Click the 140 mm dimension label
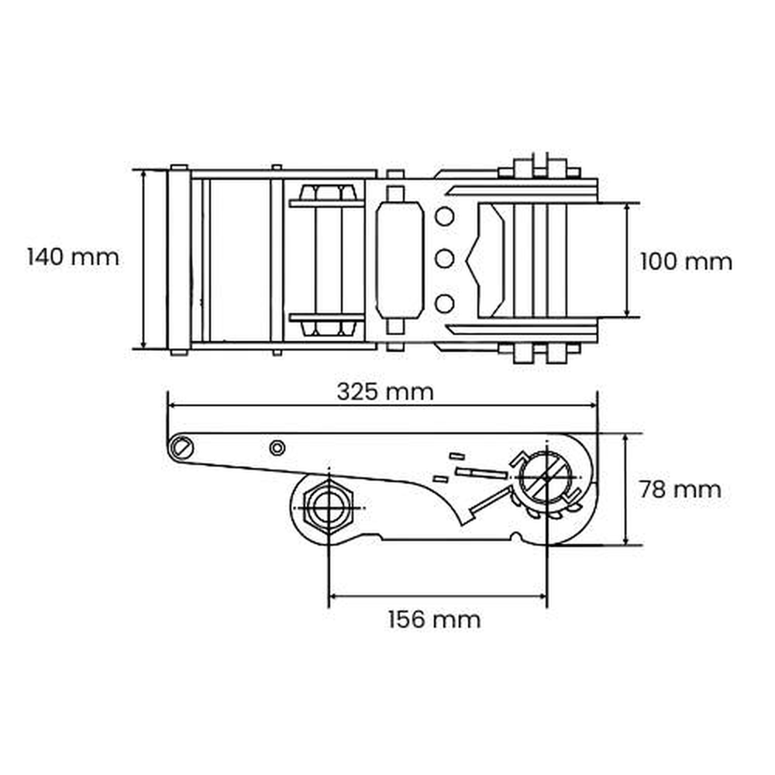(73, 257)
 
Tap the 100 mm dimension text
(686, 261)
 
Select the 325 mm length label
(385, 392)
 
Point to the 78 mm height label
(680, 489)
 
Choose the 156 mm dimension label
(434, 619)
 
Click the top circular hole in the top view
(444, 216)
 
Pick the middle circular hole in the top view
(444, 259)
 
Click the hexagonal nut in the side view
(328, 508)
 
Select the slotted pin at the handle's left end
(181, 448)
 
